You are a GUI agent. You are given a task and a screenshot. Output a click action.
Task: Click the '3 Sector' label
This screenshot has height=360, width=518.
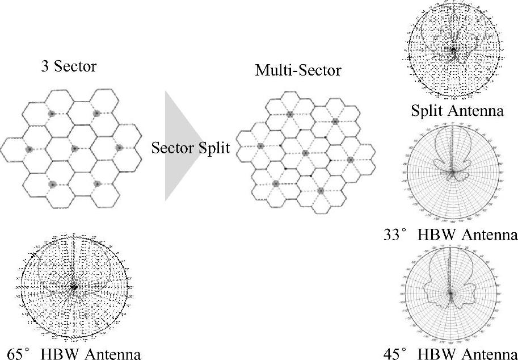coord(69,67)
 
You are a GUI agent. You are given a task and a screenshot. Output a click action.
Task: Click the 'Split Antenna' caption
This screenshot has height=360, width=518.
coord(457,110)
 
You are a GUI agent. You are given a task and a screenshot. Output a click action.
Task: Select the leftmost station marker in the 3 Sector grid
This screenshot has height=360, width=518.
coord(29,149)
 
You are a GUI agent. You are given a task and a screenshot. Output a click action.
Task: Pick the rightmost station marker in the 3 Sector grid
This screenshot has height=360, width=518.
coord(119,148)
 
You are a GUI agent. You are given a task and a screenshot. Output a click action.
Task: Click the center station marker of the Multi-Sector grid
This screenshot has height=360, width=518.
coord(305,153)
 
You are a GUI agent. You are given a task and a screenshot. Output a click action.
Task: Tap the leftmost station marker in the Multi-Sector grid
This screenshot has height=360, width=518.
coord(260,146)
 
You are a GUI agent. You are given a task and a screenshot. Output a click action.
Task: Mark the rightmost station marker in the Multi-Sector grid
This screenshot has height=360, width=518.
coord(350,160)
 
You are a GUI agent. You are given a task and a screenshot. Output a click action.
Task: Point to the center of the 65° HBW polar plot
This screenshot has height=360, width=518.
coord(73,287)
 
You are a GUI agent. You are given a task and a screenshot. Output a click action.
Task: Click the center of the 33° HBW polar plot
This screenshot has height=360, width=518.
coord(452,171)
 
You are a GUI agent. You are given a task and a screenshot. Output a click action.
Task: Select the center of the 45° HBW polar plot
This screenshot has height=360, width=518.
coord(450,293)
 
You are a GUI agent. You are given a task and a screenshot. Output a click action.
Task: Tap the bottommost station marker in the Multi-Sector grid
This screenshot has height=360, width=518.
coord(320,190)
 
